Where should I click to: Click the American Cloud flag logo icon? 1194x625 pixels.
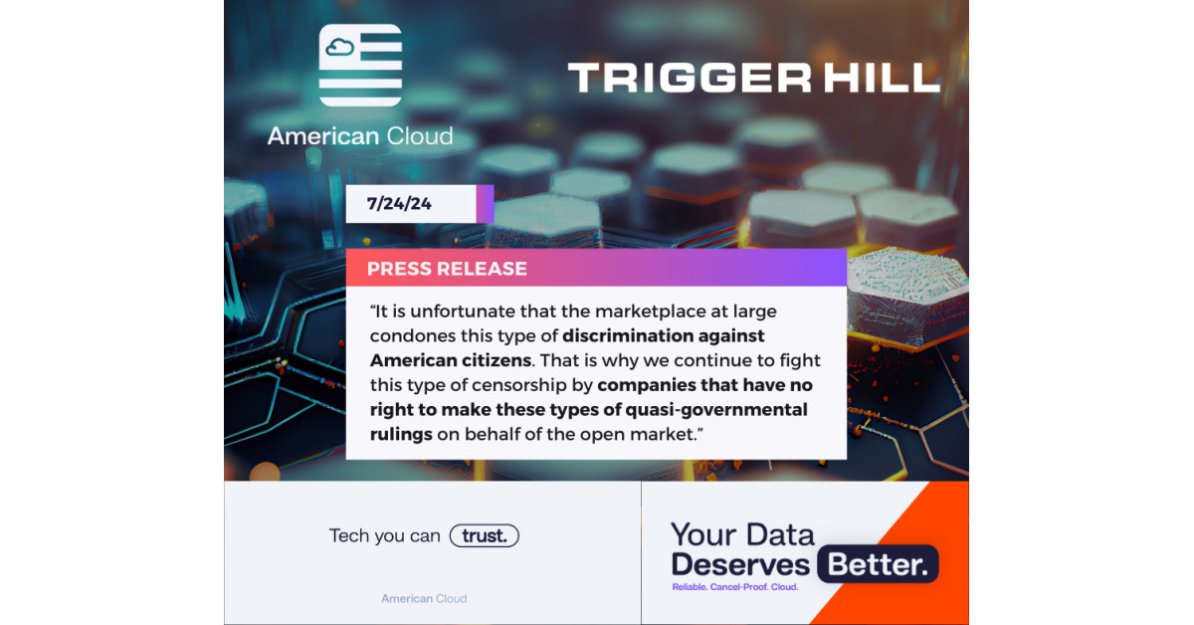(x=360, y=65)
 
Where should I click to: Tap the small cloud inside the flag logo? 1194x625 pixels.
(x=340, y=48)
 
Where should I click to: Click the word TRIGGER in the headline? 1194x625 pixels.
(x=691, y=78)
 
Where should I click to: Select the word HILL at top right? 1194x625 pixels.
(x=882, y=78)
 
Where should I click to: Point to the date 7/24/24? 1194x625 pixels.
(x=399, y=204)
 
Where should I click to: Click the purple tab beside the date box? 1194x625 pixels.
(x=486, y=204)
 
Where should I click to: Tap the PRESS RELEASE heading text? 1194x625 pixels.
(x=447, y=269)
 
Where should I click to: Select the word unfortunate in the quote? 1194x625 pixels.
(x=462, y=312)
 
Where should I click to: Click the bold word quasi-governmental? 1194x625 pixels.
(x=716, y=410)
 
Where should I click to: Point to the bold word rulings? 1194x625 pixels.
(x=401, y=435)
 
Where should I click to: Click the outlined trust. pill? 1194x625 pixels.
(x=484, y=536)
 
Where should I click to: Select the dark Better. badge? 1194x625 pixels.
(x=878, y=564)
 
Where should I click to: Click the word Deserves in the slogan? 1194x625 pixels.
(x=740, y=564)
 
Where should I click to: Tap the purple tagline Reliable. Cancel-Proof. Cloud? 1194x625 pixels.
(x=735, y=587)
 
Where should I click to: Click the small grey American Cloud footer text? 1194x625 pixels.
(x=424, y=599)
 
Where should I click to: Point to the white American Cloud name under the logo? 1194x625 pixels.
(x=360, y=136)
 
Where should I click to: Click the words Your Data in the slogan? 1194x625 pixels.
(x=742, y=534)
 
